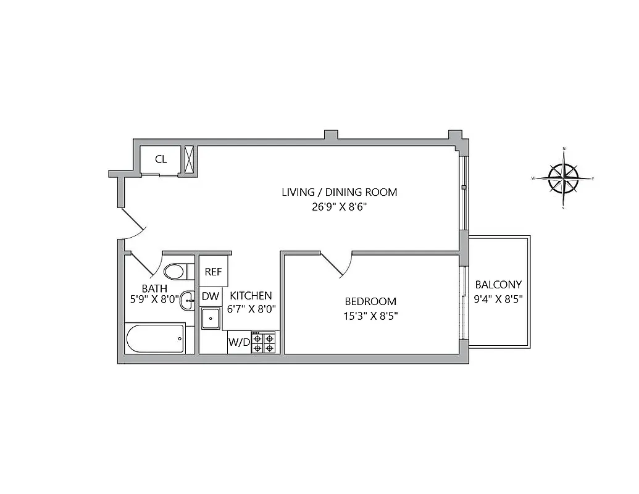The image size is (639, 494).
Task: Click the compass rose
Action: point(563,178)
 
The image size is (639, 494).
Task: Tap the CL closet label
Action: point(161,159)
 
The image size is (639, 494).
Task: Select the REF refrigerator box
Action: point(213,272)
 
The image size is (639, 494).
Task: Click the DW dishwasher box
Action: point(210,296)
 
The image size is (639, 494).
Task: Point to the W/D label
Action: point(238,341)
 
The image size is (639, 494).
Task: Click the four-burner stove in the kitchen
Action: point(264,342)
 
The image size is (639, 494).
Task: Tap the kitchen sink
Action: point(211,319)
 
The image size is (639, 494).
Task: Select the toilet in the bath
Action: point(175,272)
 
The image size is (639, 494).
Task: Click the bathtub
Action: point(155,338)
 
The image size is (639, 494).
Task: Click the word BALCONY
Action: point(498,285)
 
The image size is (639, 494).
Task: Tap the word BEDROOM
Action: point(370,301)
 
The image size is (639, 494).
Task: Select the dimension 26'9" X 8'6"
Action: point(340,207)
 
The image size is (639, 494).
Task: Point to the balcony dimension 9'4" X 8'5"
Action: point(498,300)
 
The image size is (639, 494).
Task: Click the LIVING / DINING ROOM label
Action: point(340,192)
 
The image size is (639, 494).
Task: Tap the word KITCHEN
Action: point(251,296)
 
